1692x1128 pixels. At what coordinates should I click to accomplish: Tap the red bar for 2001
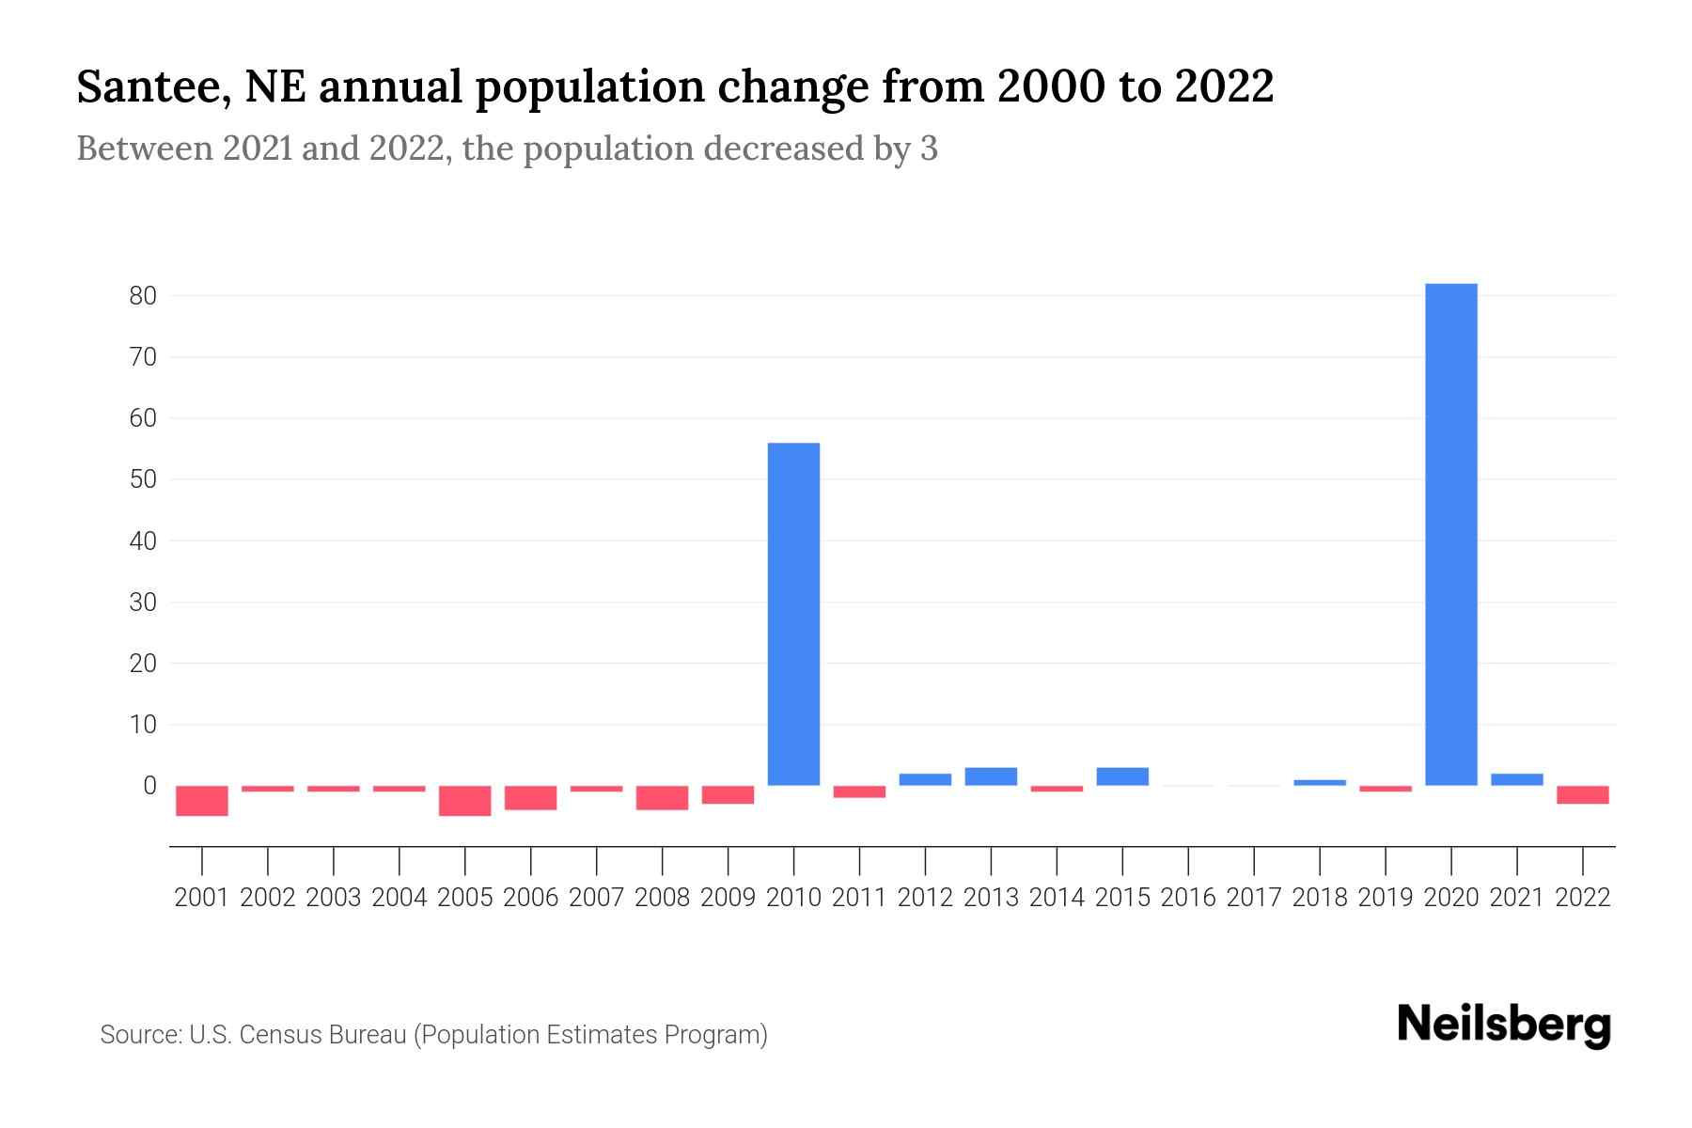(202, 801)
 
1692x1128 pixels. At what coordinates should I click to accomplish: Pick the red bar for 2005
(465, 801)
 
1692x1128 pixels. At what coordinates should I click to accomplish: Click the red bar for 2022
(1583, 795)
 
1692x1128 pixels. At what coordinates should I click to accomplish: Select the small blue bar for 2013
(991, 776)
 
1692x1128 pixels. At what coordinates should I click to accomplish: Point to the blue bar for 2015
(1122, 776)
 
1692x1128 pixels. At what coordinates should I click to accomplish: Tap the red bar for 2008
(663, 798)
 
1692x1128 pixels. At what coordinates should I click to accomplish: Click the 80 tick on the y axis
(143, 296)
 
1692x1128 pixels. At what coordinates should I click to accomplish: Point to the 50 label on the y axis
(143, 479)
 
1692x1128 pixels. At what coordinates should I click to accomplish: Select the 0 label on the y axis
(149, 786)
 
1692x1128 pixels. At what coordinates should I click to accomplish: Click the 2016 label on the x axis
(1188, 898)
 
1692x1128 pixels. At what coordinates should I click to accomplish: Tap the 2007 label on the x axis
(597, 898)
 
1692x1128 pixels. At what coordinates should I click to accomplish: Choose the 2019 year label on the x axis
(1386, 898)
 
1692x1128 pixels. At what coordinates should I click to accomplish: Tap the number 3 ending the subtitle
(929, 149)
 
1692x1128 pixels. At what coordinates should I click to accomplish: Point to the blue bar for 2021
(1517, 779)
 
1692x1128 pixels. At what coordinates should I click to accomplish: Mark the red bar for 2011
(859, 791)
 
